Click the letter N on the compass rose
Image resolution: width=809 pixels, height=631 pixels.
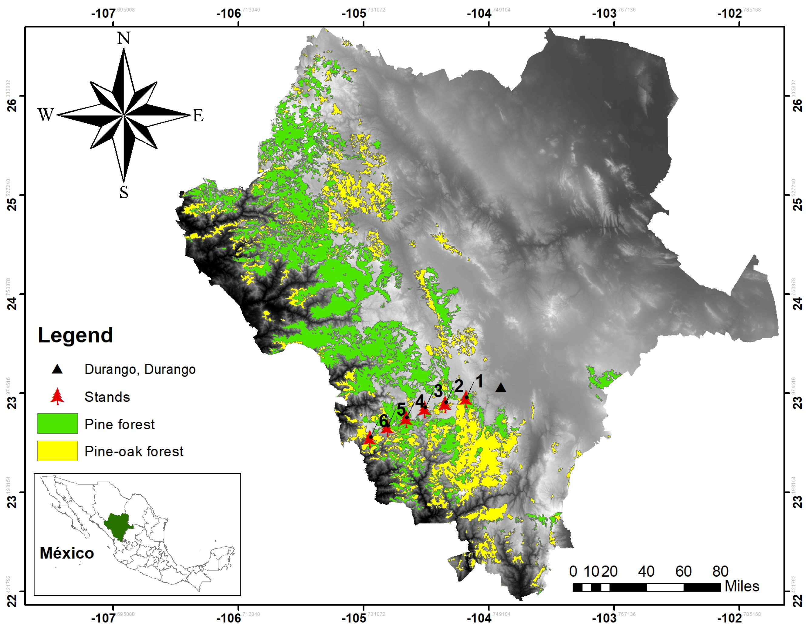click(124, 38)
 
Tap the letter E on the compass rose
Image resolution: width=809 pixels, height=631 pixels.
click(198, 116)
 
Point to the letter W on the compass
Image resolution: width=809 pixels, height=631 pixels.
click(46, 114)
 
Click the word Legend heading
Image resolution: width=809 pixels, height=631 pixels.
click(75, 335)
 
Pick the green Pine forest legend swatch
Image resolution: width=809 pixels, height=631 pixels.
click(57, 423)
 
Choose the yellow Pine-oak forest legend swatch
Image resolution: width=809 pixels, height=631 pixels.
click(57, 451)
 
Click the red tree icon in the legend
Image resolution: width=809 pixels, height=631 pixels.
click(57, 396)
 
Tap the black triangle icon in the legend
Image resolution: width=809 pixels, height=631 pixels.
click(57, 369)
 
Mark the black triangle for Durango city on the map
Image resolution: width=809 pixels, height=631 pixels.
click(501, 387)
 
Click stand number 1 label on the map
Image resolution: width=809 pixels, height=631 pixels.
click(479, 381)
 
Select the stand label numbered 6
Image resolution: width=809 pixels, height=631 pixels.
click(383, 421)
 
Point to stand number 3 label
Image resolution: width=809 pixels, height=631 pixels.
click(438, 391)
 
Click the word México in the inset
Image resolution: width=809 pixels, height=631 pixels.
click(67, 553)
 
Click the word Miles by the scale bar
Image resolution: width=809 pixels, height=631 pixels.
click(742, 586)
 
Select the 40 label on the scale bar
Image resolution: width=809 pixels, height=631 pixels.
click(646, 571)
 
